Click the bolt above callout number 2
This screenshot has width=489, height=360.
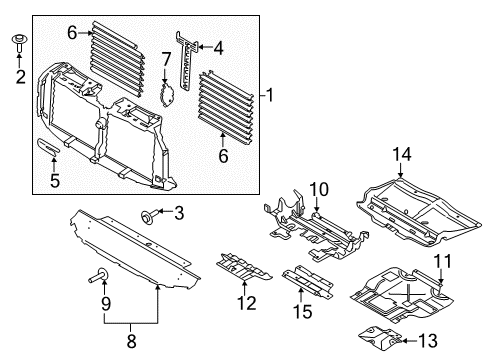pyautogui.click(x=18, y=43)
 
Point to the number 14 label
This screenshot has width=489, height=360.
pyautogui.click(x=400, y=153)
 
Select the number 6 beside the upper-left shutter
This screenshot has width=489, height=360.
pyautogui.click(x=72, y=33)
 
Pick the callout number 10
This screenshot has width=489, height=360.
pyautogui.click(x=317, y=190)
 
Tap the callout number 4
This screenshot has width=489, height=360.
pyautogui.click(x=219, y=46)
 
